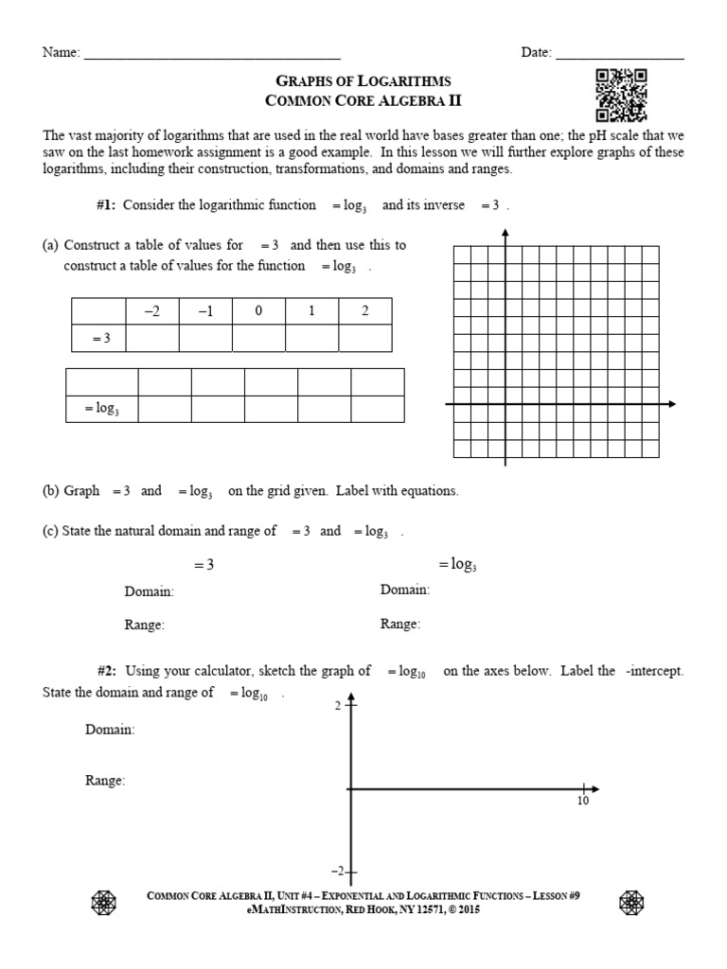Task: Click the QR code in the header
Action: (x=621, y=96)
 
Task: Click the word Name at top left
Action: (x=61, y=53)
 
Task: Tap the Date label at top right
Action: (x=537, y=53)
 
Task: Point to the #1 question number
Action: (x=101, y=205)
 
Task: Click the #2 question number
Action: (x=101, y=671)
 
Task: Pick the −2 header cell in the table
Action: (x=151, y=311)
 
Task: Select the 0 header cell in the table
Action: (x=257, y=311)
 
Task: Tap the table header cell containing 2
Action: (x=364, y=311)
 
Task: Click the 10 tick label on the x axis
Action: (x=583, y=802)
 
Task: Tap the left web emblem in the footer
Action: (x=103, y=903)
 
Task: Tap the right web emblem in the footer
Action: (x=630, y=903)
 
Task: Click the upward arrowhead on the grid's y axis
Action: (x=505, y=233)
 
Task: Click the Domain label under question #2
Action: (x=110, y=730)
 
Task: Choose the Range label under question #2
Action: (x=105, y=781)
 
